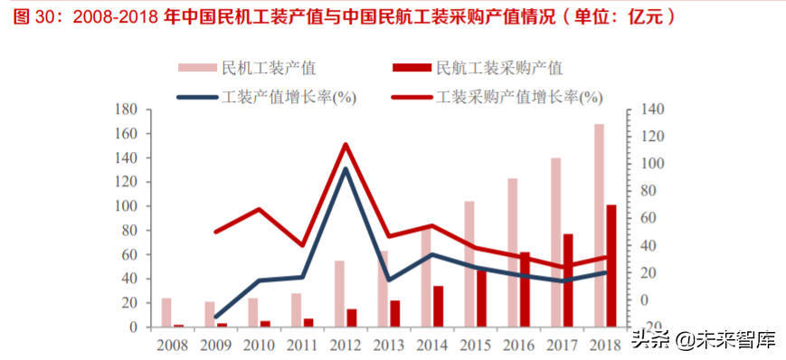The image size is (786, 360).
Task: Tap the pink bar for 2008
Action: tap(166, 312)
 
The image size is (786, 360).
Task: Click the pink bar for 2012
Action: tap(339, 293)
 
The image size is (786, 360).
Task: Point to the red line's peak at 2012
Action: tap(346, 145)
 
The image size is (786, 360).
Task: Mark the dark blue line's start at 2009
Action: tap(216, 317)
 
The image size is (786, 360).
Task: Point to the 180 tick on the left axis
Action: tap(126, 109)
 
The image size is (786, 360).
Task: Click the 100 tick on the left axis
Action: tap(126, 206)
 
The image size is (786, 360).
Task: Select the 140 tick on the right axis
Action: tap(651, 109)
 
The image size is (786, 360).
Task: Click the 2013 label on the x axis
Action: tap(389, 345)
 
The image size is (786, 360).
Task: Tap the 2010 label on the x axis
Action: tap(259, 345)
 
